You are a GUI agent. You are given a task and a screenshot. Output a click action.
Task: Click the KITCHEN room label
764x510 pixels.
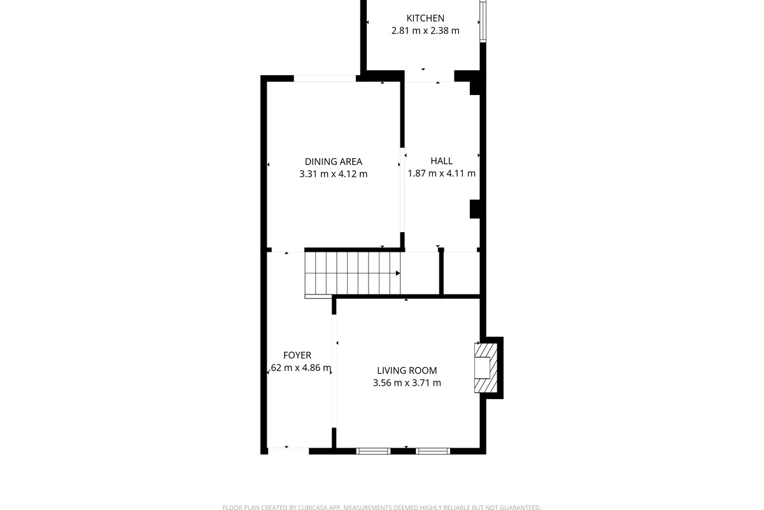[425, 18]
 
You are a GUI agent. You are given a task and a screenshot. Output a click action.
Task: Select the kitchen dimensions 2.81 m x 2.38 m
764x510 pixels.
[425, 30]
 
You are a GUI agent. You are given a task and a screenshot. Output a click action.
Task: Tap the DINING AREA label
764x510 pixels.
[333, 162]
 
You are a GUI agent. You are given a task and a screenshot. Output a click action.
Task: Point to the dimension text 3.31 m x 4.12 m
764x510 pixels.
[333, 173]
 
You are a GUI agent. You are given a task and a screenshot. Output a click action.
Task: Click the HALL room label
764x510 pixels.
[441, 161]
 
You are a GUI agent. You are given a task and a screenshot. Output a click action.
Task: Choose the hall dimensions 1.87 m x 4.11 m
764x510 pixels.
[441, 173]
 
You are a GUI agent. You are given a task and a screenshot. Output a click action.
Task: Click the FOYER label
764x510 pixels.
[297, 355]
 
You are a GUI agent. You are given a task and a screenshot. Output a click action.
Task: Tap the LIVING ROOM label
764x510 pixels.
[407, 370]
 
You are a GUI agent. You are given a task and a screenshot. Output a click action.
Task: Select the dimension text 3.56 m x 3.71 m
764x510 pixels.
[407, 383]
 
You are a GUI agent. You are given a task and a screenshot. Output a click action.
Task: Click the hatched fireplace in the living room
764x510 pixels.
[486, 368]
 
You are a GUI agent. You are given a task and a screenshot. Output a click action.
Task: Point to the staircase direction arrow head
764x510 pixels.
[398, 273]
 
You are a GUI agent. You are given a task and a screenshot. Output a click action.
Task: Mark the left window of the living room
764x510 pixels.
[373, 451]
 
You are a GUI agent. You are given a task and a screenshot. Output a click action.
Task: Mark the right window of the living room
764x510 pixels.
[433, 451]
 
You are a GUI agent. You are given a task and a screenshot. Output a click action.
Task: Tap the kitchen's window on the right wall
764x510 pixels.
[483, 20]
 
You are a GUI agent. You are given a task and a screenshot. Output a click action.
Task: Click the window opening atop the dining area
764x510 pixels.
[324, 78]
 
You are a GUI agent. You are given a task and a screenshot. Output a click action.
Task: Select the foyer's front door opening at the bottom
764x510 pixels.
[288, 451]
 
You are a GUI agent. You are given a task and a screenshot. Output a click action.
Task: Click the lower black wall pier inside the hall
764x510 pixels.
[474, 209]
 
